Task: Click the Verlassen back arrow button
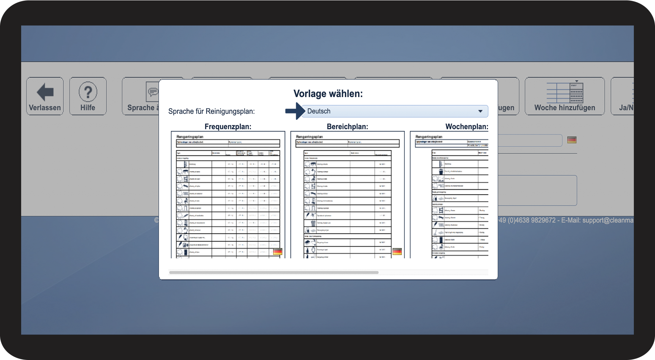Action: [x=45, y=96]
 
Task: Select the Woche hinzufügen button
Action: [x=565, y=96]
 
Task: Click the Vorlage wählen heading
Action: [x=328, y=93]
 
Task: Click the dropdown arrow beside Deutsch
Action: [x=480, y=111]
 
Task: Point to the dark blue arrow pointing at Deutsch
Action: [x=295, y=111]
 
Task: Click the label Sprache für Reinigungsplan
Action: [x=211, y=111]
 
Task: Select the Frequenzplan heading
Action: [x=228, y=126]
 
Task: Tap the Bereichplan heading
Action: [x=347, y=126]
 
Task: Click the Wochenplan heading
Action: [x=466, y=126]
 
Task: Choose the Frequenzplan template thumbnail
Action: [x=228, y=195]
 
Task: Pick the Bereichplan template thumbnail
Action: [x=347, y=195]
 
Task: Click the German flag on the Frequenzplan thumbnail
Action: [x=278, y=252]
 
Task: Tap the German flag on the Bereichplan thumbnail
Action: [x=397, y=252]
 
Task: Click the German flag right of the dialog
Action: [x=572, y=140]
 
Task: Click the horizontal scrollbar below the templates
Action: [x=274, y=273]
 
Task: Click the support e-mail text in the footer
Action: [x=608, y=220]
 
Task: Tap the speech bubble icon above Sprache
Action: [x=152, y=91]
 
